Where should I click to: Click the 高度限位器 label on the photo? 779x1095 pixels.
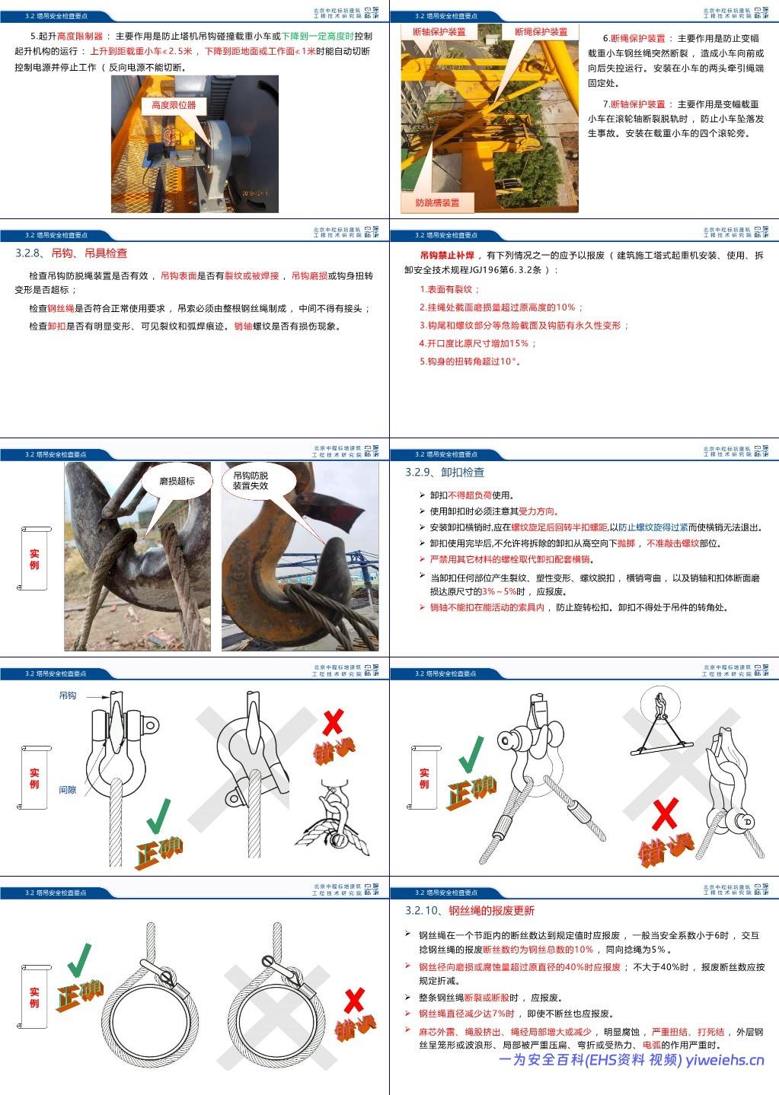click(x=174, y=106)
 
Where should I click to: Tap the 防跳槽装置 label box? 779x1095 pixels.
click(x=437, y=202)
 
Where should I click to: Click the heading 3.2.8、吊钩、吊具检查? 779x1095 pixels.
click(x=72, y=253)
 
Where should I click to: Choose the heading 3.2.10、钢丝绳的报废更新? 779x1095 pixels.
click(x=470, y=910)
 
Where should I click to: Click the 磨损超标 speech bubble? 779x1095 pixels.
click(x=177, y=481)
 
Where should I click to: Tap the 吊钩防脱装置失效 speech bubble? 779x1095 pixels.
click(x=251, y=480)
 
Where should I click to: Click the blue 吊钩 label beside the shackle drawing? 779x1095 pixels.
click(x=68, y=696)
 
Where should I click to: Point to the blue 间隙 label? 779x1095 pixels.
click(x=68, y=790)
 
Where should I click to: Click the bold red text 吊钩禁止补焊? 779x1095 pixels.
click(x=447, y=256)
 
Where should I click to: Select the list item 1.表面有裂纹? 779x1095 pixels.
click(x=450, y=289)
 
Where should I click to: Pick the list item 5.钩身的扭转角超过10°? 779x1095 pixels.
click(x=471, y=361)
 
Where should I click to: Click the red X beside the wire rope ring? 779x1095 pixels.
click(x=354, y=1001)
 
